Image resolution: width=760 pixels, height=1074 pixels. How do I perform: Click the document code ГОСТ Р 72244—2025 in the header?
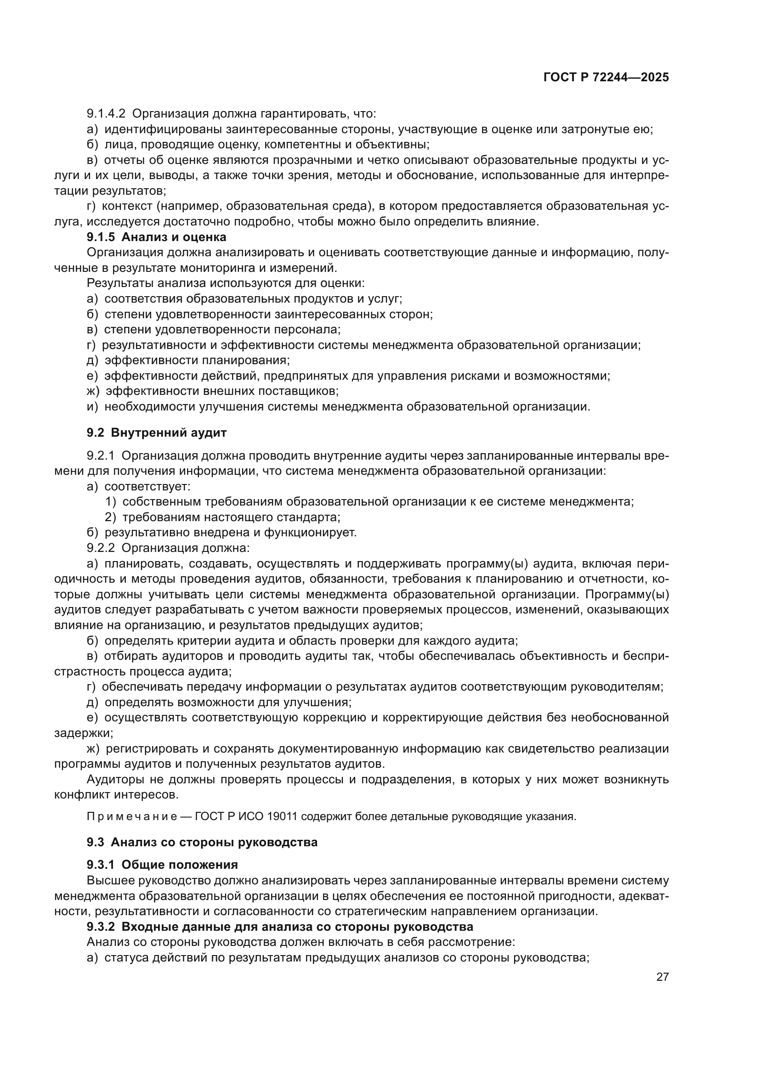point(606,78)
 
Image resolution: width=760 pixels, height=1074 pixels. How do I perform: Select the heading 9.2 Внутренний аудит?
point(156,433)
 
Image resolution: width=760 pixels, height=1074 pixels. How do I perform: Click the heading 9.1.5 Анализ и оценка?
point(156,237)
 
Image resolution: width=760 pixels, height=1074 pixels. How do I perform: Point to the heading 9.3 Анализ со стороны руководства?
point(202,843)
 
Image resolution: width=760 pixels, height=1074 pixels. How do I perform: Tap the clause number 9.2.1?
point(100,455)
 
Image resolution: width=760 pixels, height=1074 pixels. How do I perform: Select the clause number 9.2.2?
point(100,548)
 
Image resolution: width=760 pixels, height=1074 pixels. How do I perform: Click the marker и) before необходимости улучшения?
point(92,406)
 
